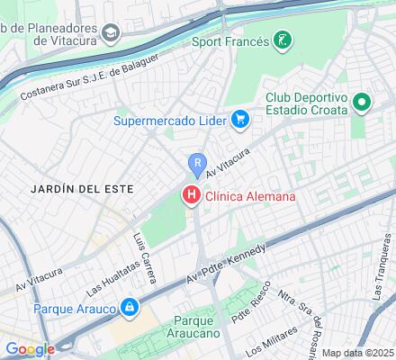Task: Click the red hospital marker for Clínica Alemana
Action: point(192,193)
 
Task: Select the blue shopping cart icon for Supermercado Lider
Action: point(239,118)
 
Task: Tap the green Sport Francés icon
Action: point(283,40)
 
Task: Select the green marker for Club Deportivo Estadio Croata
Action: point(363,103)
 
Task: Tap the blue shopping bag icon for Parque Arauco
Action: point(130,307)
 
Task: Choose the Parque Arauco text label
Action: point(62,308)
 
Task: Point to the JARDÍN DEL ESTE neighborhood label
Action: point(69,189)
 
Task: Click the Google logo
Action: point(29,349)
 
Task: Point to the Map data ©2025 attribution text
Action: point(358,353)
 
